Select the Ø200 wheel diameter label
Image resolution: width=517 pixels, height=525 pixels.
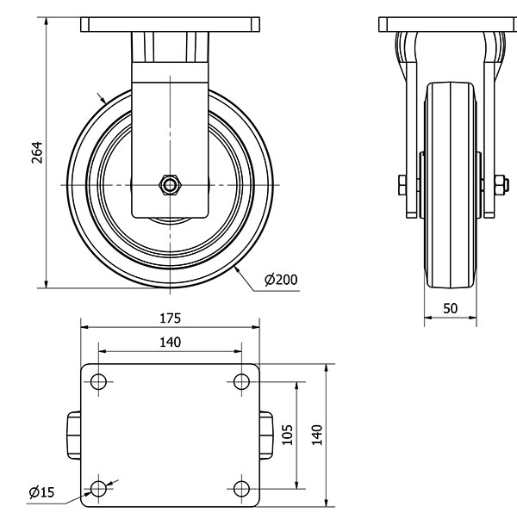coord(281,280)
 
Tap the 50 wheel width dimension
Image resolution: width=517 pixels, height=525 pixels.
coord(450,308)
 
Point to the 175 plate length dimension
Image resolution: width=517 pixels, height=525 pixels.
coord(170,317)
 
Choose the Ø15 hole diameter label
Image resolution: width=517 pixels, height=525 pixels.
coord(41,492)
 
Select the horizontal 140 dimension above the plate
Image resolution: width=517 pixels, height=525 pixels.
coord(170,342)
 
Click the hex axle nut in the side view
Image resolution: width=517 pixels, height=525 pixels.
coord(170,185)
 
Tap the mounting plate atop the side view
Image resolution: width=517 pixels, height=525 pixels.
coord(170,24)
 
